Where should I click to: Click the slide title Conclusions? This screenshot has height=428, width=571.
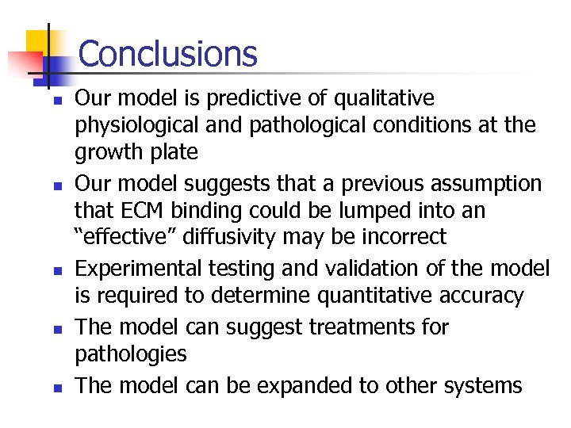(x=168, y=54)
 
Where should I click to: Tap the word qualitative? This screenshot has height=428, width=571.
(x=383, y=98)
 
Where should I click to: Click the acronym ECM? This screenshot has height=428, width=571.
(x=131, y=211)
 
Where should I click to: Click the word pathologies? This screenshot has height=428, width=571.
(x=131, y=353)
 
